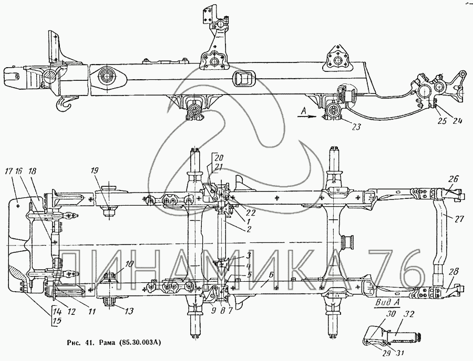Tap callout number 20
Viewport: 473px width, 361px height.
[219, 158]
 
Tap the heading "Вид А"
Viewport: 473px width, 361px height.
[388, 303]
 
